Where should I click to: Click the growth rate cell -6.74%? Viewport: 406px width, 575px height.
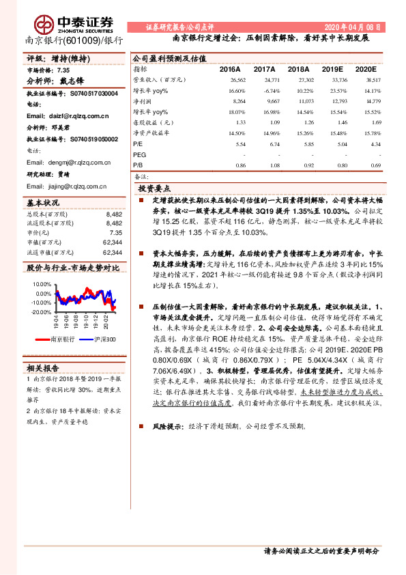click(271, 90)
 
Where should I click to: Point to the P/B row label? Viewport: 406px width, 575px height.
click(138, 165)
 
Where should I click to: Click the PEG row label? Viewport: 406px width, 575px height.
click(140, 155)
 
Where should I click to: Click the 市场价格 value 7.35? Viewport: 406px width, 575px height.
click(63, 70)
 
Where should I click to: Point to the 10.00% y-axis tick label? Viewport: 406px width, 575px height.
click(41, 283)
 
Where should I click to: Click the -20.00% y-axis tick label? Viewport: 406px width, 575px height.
click(40, 311)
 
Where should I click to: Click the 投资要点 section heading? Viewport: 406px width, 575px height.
click(154, 188)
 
